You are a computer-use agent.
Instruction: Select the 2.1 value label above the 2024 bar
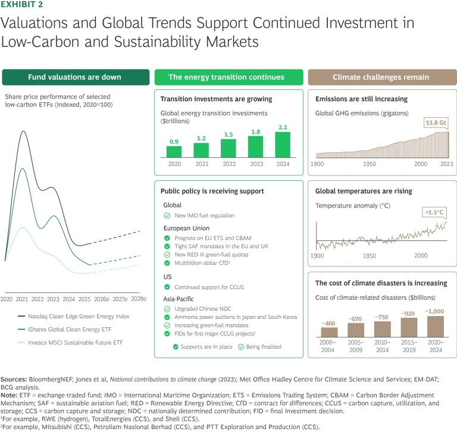tap(283, 127)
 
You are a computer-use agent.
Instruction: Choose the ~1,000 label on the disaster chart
tap(436, 312)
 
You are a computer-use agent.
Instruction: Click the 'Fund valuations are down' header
tap(74, 77)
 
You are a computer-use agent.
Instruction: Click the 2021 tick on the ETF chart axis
tap(22, 299)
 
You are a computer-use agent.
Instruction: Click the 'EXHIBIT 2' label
tap(23, 5)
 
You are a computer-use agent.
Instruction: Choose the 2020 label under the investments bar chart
tap(174, 164)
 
